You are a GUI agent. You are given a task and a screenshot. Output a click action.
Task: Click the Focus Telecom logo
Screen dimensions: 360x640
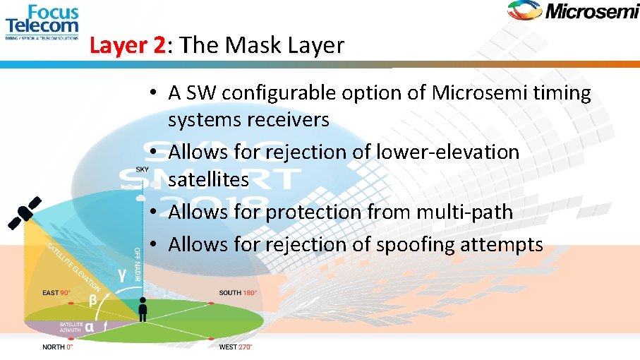[42, 22]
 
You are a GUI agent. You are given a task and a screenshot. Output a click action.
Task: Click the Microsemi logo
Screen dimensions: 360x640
[572, 12]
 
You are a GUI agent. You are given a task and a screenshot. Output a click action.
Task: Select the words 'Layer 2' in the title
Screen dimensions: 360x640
[127, 46]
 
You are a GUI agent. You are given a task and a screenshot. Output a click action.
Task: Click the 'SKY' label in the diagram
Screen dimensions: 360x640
[143, 169]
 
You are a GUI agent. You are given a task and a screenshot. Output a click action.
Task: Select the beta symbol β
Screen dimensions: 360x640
[92, 300]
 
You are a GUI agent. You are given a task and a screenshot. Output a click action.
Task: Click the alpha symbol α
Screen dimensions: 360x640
[89, 326]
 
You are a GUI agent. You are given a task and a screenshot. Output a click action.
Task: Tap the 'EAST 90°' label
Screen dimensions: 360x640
[56, 293]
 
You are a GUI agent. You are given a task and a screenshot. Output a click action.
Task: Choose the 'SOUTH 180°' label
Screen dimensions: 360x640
[238, 293]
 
